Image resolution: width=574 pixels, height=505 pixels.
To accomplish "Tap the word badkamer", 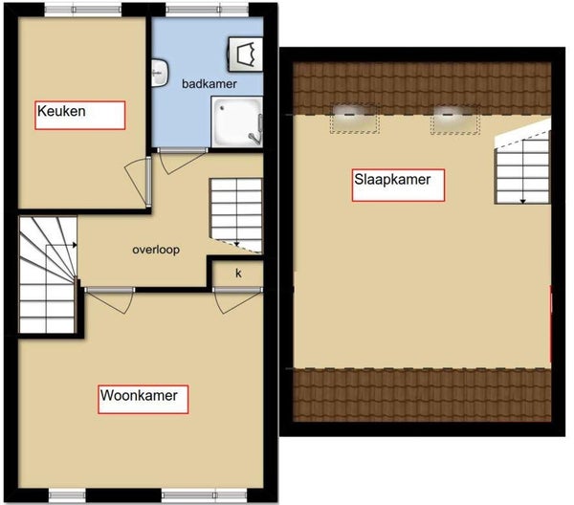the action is click(x=210, y=84).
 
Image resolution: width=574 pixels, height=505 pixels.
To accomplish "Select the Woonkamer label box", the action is click(x=143, y=399).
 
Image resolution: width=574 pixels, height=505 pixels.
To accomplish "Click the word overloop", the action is click(x=156, y=250).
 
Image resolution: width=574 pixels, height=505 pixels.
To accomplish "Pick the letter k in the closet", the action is click(x=238, y=273).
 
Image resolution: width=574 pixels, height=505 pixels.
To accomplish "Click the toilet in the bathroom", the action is click(x=245, y=54).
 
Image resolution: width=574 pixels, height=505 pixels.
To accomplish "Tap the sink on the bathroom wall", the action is click(x=160, y=74).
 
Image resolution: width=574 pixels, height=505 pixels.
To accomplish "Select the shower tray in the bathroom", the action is click(x=237, y=121).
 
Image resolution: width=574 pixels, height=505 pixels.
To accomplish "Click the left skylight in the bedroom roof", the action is click(x=355, y=119).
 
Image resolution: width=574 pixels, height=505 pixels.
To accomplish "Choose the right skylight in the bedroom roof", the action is click(x=455, y=119).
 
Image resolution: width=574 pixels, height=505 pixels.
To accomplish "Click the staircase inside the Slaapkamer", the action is click(x=522, y=165).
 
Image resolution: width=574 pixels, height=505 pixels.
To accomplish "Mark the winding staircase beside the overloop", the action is click(x=48, y=274).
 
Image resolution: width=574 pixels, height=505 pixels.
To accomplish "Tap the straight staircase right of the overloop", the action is click(x=236, y=215).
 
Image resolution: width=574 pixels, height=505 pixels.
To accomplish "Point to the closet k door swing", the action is click(x=237, y=302).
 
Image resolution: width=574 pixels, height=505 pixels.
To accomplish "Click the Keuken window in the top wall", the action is click(x=83, y=10).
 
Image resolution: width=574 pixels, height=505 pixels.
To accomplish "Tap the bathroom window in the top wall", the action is click(x=207, y=10).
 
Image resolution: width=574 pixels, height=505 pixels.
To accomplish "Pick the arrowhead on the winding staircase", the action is click(x=75, y=245).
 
